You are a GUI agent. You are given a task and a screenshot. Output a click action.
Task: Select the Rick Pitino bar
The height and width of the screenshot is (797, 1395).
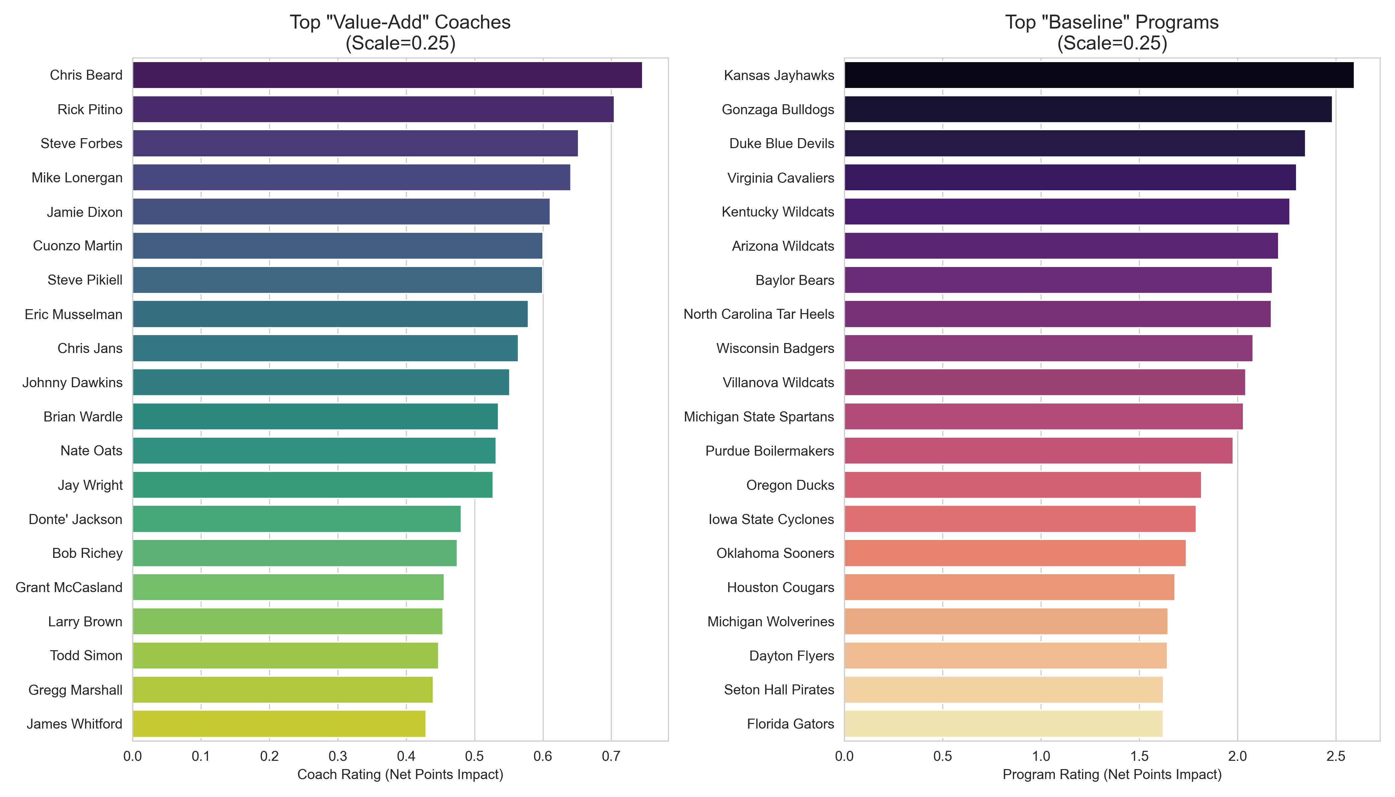(373, 110)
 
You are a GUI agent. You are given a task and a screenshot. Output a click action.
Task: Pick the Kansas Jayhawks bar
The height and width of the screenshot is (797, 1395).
(1099, 75)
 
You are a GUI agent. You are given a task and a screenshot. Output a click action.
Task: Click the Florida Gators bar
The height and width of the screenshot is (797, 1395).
(1003, 724)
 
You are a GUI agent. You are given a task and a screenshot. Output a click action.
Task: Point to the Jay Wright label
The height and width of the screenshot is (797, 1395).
(90, 485)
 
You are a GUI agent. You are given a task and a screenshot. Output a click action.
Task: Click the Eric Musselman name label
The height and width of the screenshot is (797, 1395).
(73, 314)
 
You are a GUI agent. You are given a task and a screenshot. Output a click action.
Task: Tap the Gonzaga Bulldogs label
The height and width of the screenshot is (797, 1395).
(778, 110)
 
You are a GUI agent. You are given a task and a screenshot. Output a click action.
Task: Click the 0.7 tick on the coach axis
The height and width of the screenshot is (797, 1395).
(611, 756)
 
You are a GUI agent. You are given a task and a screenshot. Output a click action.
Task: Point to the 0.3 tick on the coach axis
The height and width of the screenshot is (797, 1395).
(338, 756)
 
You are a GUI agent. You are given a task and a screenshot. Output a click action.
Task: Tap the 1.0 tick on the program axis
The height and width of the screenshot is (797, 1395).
(1041, 756)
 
